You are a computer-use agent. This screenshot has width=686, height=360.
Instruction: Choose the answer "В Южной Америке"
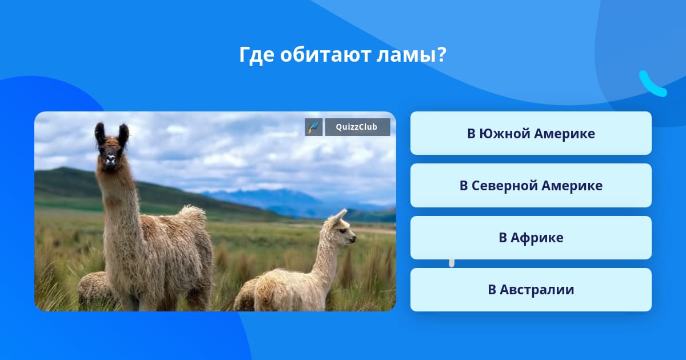pos(531,133)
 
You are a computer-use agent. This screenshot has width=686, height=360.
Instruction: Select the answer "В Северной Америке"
pos(531,186)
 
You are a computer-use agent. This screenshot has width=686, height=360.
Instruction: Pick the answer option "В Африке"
pos(531,238)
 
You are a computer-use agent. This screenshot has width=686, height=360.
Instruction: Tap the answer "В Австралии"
pos(531,290)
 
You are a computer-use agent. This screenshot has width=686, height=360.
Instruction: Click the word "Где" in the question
pos(256,55)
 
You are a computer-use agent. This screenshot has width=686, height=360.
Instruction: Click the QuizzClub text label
pos(357,127)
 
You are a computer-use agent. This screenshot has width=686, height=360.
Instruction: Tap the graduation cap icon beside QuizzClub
pos(314,127)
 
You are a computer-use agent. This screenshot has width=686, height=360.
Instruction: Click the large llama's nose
pos(110,160)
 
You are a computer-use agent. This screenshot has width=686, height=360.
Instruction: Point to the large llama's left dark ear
pos(100,134)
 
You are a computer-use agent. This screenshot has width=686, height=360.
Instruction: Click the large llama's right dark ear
pos(123,135)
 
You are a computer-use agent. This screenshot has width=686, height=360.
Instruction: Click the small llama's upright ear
pos(340,216)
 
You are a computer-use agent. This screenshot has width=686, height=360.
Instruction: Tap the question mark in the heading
pos(442,55)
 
